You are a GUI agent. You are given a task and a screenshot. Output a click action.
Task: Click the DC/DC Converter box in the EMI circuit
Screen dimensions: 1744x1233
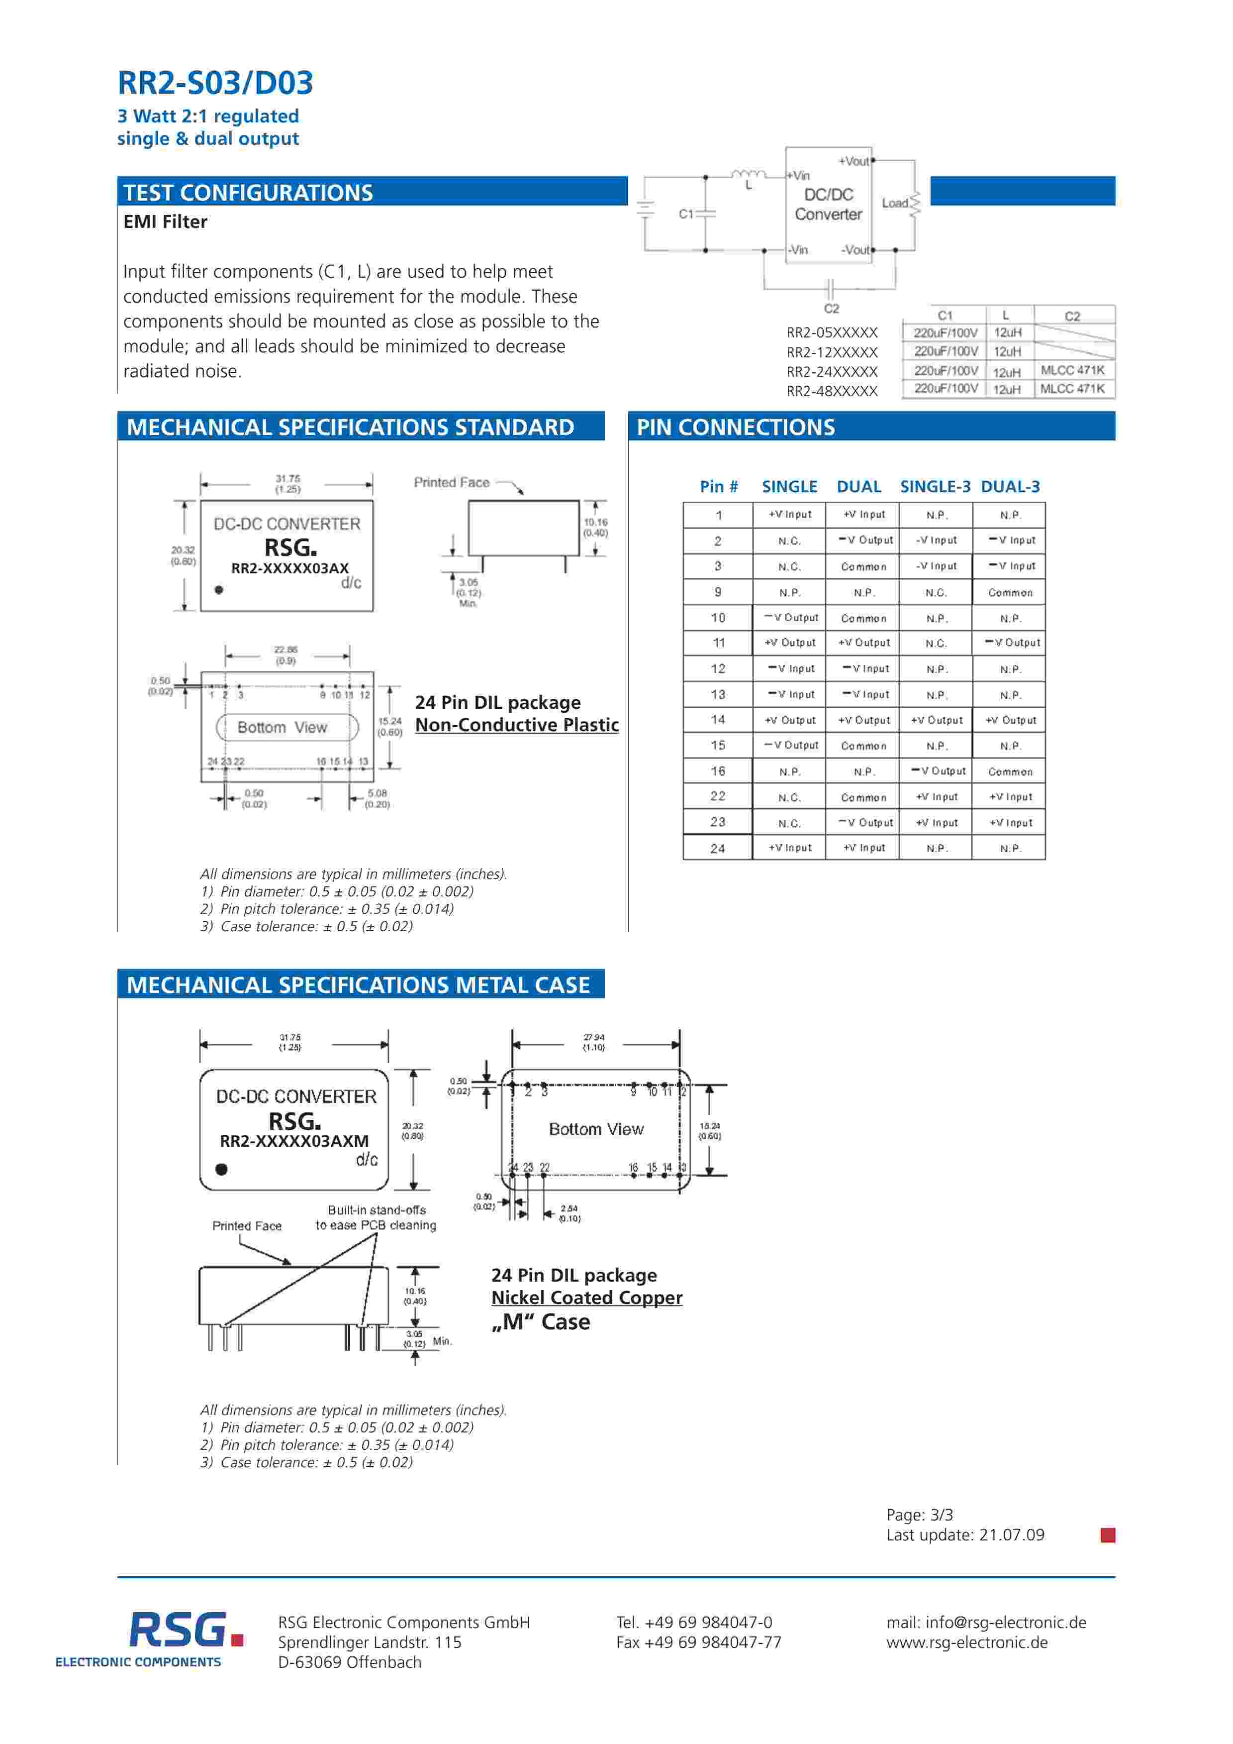coord(828,205)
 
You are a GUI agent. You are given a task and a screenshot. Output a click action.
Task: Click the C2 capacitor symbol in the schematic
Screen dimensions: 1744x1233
coord(830,289)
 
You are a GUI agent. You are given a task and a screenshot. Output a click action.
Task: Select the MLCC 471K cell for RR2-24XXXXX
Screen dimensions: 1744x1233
coord(1072,370)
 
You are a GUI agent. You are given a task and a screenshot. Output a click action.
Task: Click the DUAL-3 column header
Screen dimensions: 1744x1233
coord(1010,487)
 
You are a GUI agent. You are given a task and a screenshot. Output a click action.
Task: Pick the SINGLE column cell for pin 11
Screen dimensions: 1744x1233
coord(790,643)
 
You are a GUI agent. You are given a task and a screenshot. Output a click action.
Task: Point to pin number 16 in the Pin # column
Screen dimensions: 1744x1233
coord(718,771)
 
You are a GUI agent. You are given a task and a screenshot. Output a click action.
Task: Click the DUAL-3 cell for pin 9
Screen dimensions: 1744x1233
coord(1010,592)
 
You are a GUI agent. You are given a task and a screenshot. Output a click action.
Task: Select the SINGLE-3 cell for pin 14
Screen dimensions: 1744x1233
coord(936,720)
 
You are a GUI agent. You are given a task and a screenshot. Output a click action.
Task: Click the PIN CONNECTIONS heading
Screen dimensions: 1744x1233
coord(735,428)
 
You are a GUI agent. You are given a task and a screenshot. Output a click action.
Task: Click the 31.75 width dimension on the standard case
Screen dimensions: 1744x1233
coord(288,484)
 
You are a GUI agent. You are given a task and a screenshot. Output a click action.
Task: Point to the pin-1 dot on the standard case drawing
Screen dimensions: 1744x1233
coord(219,589)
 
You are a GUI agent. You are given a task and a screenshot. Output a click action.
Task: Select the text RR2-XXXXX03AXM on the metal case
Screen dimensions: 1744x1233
coord(294,1141)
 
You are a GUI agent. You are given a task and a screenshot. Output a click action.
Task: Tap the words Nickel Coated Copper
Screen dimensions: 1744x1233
coord(586,1298)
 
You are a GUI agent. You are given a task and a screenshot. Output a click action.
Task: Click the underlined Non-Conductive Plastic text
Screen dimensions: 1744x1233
coord(516,725)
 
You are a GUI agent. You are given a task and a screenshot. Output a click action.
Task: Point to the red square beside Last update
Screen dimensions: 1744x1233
coord(1108,1535)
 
